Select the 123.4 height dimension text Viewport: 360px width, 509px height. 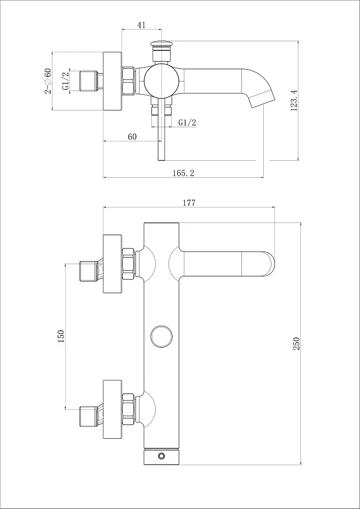pos(294,101)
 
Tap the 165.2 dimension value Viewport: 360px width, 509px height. pos(184,173)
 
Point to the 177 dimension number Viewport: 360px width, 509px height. pos(189,203)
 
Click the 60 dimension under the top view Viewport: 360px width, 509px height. pos(132,136)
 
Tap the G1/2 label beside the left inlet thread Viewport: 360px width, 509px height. pos(66,80)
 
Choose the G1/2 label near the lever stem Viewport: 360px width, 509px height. pos(187,122)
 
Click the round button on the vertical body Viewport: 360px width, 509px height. pos(161,336)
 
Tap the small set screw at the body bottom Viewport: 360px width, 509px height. pos(161,456)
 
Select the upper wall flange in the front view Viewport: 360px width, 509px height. pos(113,264)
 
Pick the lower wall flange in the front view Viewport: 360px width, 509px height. pos(113,409)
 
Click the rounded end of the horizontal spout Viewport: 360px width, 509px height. pos(267,264)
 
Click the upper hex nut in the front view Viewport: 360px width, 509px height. pos(128,264)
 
